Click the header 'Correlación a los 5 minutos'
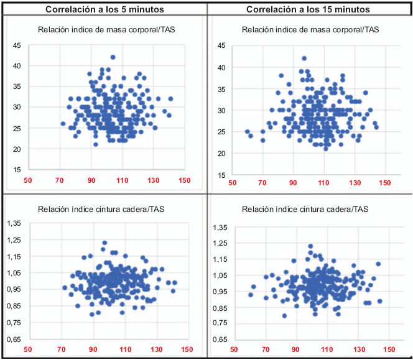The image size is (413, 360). click(103, 9)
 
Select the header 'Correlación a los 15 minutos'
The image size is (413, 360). click(309, 9)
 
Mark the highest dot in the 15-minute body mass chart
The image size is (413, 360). click(304, 58)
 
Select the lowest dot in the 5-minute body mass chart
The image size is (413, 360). click(95, 144)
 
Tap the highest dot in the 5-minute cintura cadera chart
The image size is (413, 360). click(104, 243)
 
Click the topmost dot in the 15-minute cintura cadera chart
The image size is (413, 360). click(310, 246)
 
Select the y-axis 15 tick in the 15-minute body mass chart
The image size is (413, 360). click(221, 175)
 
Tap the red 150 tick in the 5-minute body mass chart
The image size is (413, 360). click(184, 181)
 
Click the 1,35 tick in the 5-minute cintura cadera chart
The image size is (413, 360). click(14, 223)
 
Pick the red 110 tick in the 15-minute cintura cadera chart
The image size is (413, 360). click(323, 349)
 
